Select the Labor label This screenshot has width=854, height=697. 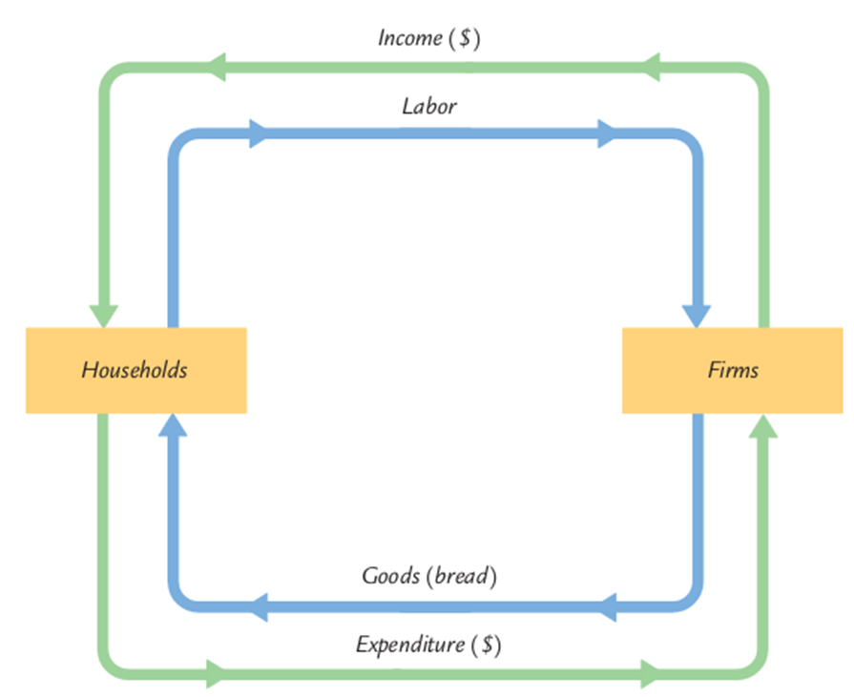point(428,105)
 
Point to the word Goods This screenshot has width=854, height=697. point(389,576)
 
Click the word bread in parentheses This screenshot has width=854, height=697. point(464,576)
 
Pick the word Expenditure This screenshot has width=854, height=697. point(411,645)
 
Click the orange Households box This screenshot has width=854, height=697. point(135,370)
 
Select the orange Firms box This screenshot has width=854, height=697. point(732,370)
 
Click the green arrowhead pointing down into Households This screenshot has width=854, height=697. point(103,316)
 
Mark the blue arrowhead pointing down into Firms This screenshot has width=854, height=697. point(696,316)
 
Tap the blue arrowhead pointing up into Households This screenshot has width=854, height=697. point(173,425)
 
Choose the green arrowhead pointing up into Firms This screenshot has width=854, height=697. point(762,425)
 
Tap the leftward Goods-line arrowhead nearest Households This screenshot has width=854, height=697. point(257,604)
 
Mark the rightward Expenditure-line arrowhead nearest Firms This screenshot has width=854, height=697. point(651,673)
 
